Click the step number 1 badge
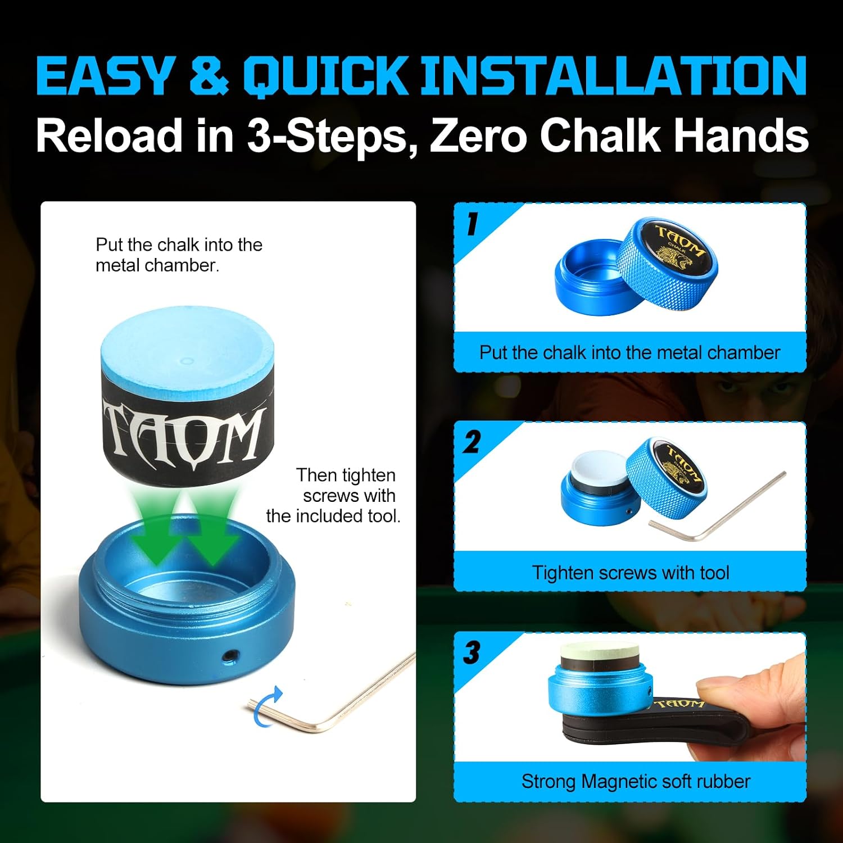click(x=472, y=223)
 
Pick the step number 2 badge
click(x=472, y=442)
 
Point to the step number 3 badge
click(x=472, y=652)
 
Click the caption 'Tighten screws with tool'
click(x=631, y=573)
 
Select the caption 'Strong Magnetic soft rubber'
click(x=636, y=781)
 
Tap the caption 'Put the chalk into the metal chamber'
click(x=629, y=352)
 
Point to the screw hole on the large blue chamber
click(x=229, y=655)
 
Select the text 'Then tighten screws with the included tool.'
click(x=333, y=496)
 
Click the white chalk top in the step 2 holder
click(x=598, y=468)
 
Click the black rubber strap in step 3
click(x=658, y=731)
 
